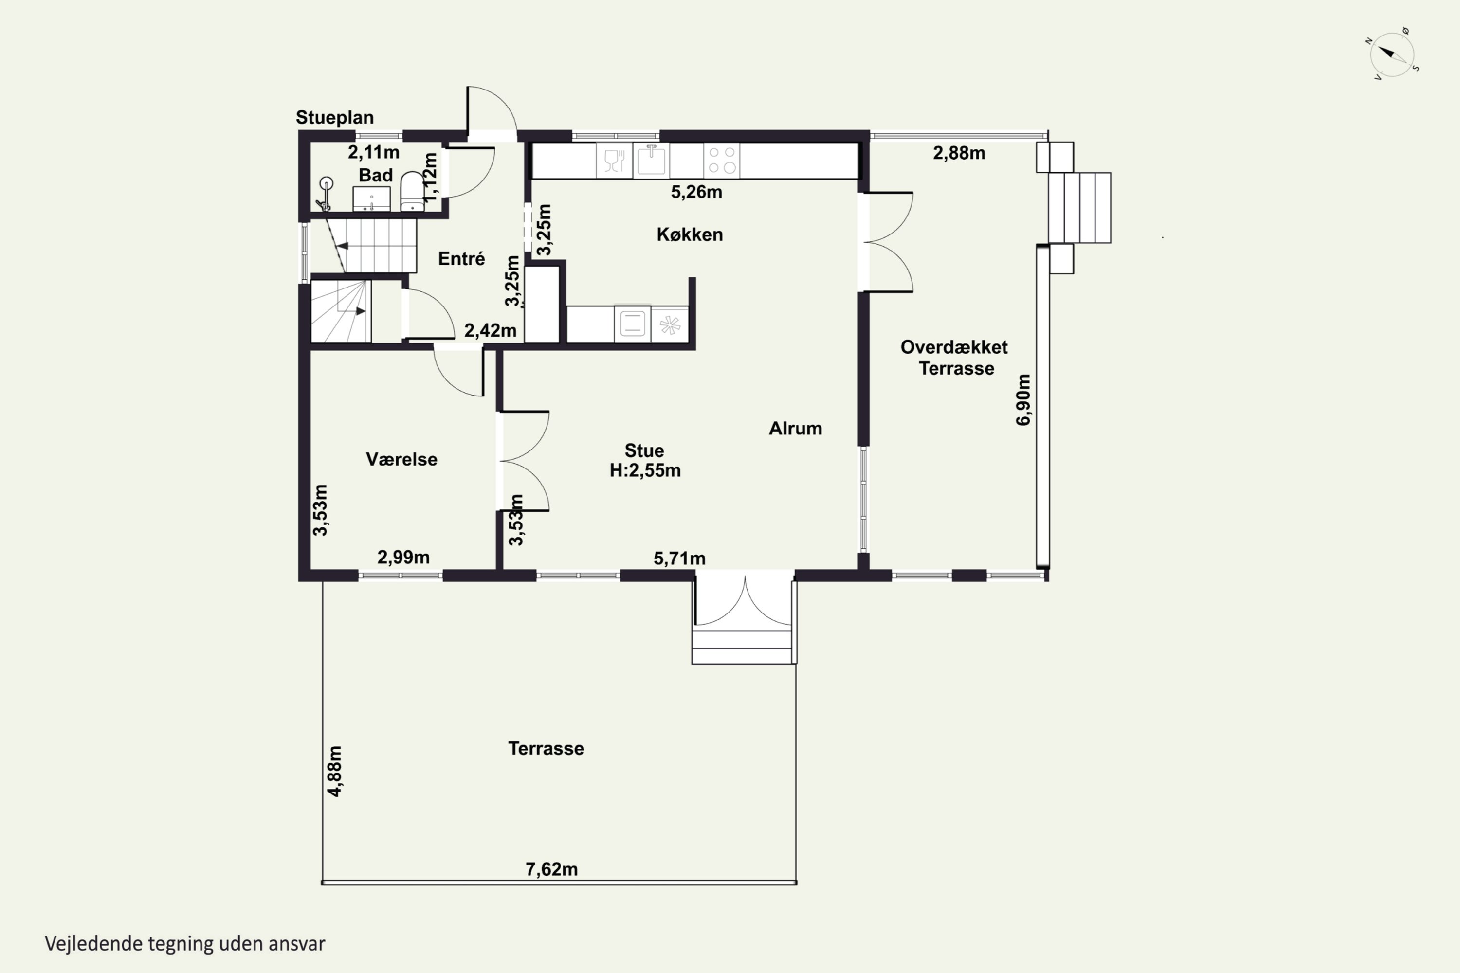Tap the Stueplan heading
[x=335, y=117]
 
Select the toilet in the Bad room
[x=412, y=191]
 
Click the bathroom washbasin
[x=371, y=198]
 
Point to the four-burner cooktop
[x=722, y=160]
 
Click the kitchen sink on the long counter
[x=651, y=160]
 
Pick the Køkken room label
[x=690, y=234]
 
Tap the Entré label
[x=461, y=258]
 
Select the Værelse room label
[x=401, y=459]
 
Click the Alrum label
[x=795, y=428]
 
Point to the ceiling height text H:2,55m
[x=645, y=470]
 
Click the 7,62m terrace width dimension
[x=552, y=869]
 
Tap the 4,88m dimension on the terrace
[x=334, y=771]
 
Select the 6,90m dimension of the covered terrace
[x=1023, y=399]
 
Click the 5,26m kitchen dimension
[x=696, y=192]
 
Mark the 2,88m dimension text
[x=959, y=153]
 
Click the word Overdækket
[x=954, y=347]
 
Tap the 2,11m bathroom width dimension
[x=374, y=152]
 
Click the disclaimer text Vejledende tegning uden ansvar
[x=185, y=944]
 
